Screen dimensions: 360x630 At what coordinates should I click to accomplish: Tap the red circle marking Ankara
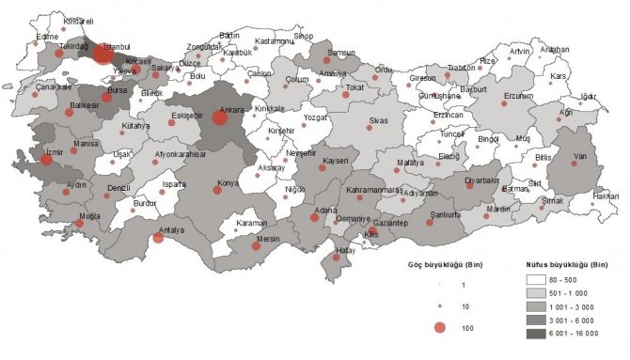[220, 117]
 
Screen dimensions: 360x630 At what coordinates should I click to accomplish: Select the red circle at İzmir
[46, 160]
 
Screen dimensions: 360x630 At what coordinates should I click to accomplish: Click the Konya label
[226, 183]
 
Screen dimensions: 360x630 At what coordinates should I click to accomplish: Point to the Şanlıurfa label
[443, 213]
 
